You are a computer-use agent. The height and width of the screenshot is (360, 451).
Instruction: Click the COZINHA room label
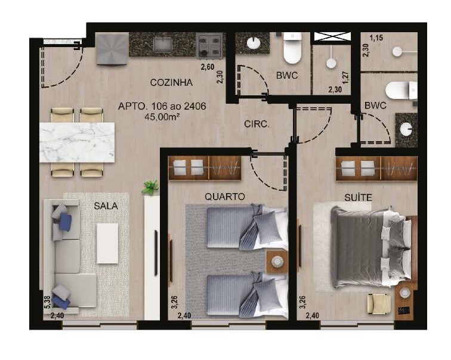171,82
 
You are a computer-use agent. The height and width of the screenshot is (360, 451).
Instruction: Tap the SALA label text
106,206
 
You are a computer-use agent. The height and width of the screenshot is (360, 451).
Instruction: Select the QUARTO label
225,197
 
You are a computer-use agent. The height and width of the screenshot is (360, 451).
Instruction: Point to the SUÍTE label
358,197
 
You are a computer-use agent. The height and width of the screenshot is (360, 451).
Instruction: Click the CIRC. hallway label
257,124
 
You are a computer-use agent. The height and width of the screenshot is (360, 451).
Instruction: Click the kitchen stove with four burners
209,46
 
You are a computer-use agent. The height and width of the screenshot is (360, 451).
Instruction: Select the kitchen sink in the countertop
163,45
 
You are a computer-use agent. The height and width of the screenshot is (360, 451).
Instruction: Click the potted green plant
150,187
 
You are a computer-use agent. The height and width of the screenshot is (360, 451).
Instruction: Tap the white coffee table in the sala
107,243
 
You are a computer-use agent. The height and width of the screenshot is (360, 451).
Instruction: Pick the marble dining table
77,142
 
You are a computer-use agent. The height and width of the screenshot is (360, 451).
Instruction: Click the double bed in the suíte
372,247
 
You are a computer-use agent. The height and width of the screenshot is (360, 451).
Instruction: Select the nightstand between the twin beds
277,262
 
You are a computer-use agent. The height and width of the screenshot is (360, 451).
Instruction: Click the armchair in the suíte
379,304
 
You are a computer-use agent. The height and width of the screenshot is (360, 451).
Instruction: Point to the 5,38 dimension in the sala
47,302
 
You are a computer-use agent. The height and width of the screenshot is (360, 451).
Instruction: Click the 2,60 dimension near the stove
208,67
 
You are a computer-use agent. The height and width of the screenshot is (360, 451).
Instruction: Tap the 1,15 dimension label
376,38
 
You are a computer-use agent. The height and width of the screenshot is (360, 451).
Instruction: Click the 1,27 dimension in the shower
346,77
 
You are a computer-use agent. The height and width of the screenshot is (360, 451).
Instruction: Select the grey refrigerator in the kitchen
112,48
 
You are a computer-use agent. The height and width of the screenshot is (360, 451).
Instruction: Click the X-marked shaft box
332,36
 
